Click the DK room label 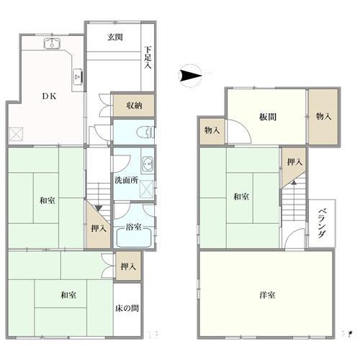point(49,96)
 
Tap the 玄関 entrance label point(115,37)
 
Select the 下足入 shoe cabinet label point(148,58)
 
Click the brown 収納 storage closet point(134,105)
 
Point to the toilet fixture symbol point(145,132)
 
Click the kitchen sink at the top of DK point(52,43)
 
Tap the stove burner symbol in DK point(78,77)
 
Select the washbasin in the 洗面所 point(148,164)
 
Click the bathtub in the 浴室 point(133,238)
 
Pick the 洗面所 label point(126,180)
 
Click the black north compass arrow point(190,76)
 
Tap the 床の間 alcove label point(127,308)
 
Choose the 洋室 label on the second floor point(267,295)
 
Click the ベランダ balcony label point(322,223)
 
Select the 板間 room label point(268,117)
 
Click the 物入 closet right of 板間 point(323,117)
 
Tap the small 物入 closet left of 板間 point(212,131)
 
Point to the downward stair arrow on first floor point(99,208)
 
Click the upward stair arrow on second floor point(294,182)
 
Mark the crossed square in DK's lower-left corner point(16,134)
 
